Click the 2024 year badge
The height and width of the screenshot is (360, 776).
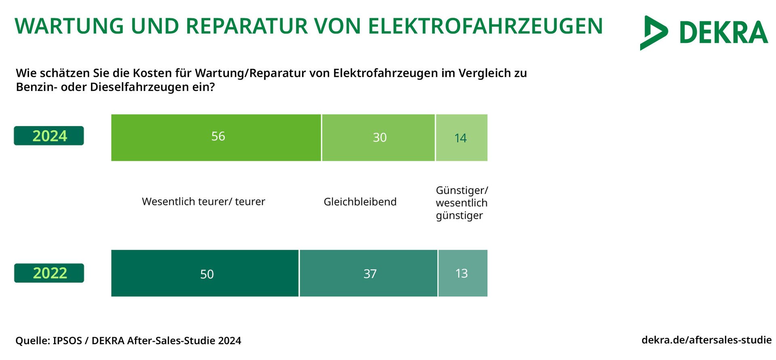(49, 136)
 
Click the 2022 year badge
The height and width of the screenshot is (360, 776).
(49, 273)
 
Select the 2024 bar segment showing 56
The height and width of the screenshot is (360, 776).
(216, 138)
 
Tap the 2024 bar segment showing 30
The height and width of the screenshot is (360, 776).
(378, 138)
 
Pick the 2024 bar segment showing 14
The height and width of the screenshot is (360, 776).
(462, 138)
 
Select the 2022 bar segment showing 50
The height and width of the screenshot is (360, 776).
(205, 274)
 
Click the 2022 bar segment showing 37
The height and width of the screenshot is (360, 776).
(369, 274)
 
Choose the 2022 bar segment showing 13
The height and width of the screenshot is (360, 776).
(463, 274)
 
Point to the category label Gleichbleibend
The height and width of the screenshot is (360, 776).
(360, 202)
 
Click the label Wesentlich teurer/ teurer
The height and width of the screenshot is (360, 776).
(203, 202)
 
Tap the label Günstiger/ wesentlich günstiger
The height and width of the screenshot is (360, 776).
(462, 203)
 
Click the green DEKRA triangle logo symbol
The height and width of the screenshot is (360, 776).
(653, 33)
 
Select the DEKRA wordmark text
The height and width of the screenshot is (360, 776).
(723, 33)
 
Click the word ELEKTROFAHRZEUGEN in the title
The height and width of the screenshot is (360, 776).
(485, 26)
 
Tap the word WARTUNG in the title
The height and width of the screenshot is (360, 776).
(69, 26)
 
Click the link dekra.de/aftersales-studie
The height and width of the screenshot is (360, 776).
(706, 340)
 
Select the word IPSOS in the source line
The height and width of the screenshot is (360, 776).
(67, 341)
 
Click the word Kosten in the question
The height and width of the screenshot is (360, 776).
(152, 73)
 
